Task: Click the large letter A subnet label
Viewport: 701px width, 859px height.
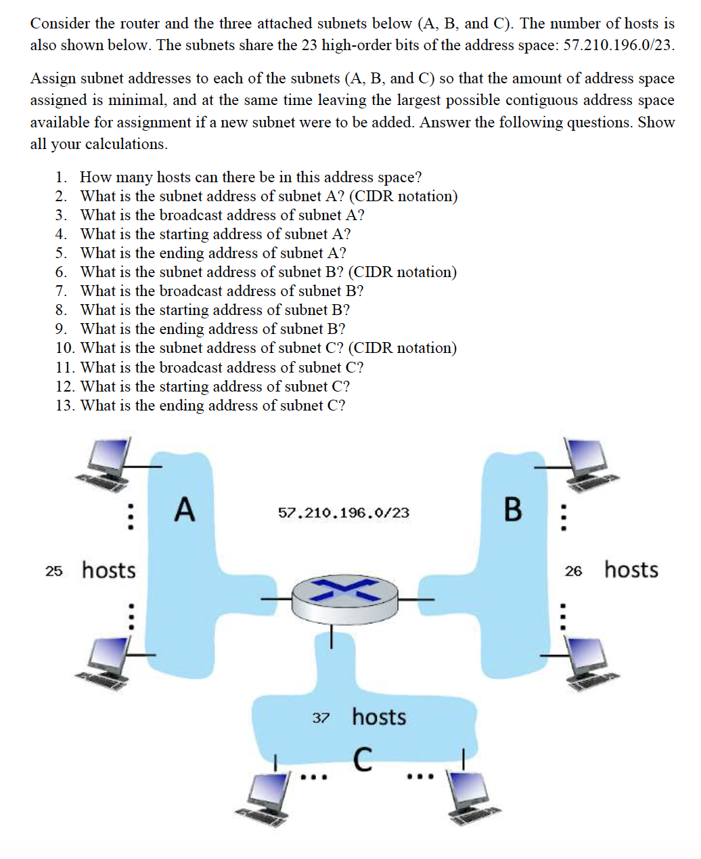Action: [x=184, y=509]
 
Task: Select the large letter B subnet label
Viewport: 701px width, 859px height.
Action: [x=513, y=509]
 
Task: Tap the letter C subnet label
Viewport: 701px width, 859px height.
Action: [x=363, y=759]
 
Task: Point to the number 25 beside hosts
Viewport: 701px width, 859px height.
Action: [x=54, y=571]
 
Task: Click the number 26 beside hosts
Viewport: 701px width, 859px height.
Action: [x=573, y=571]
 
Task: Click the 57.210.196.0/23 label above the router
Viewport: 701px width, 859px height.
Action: [x=344, y=513]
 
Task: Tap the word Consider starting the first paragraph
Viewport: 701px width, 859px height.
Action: [x=60, y=24]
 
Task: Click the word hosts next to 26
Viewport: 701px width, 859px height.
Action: [x=631, y=570]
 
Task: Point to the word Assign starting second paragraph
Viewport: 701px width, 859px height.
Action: [x=53, y=79]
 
